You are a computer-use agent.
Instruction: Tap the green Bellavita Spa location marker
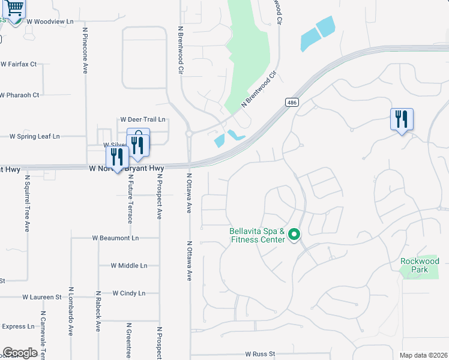pos(294,235)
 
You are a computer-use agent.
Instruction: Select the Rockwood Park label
pos(420,265)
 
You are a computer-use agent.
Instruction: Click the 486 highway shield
pos(292,103)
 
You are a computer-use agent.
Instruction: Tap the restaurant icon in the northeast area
pos(402,119)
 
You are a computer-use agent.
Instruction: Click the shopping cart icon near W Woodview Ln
pos(14,8)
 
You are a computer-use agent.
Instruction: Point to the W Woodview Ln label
pos(50,21)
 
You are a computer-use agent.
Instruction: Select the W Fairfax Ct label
pos(19,64)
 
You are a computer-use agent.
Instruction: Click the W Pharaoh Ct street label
pos(20,95)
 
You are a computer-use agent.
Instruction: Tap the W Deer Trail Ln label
pos(142,119)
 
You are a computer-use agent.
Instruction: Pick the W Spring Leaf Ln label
pos(35,136)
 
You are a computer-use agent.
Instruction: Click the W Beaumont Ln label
pos(115,238)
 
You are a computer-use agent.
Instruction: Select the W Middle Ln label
pos(129,265)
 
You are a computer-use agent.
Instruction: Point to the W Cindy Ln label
pos(129,293)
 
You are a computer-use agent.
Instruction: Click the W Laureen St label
pos(42,296)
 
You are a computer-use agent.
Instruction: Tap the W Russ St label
pos(260,355)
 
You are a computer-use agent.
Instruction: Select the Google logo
pos(20,353)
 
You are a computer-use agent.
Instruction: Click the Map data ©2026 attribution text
pos(423,355)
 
